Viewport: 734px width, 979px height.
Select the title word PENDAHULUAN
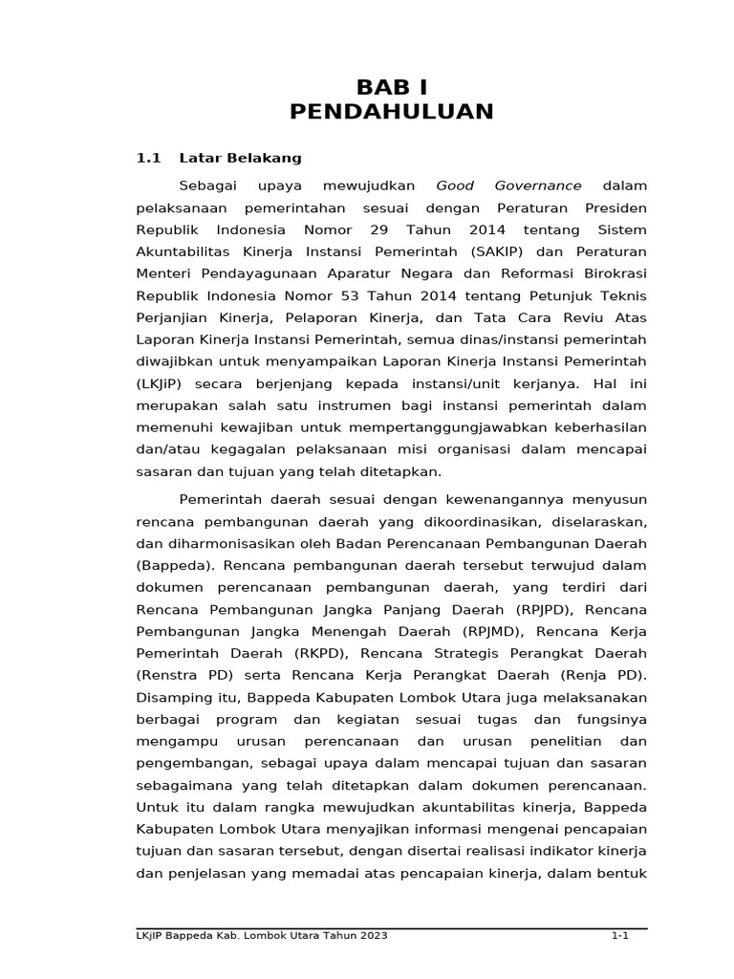tap(392, 112)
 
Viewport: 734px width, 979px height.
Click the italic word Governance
tap(538, 185)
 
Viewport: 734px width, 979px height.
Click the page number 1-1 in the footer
tap(620, 936)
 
